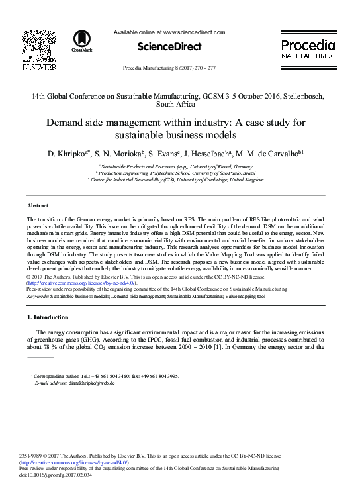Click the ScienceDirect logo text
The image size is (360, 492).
click(169, 47)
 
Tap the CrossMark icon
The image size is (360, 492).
click(83, 40)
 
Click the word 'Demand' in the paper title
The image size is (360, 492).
click(70, 123)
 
